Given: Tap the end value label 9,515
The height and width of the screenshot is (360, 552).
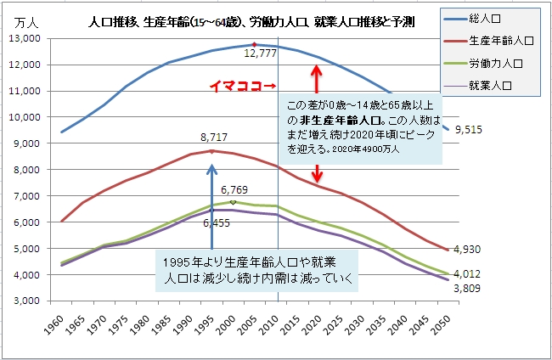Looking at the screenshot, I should (x=470, y=129).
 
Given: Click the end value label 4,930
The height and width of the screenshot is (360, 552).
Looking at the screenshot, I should (x=470, y=250).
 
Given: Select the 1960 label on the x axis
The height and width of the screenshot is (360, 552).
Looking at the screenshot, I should (x=58, y=325).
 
